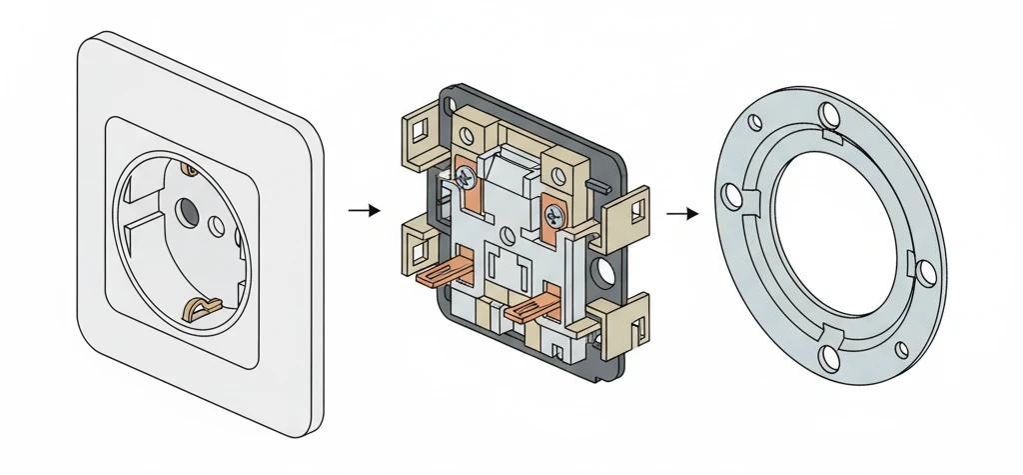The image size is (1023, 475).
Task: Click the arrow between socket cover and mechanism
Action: tap(366, 211)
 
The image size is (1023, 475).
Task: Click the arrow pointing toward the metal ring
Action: tap(683, 213)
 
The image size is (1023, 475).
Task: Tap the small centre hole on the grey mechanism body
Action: tap(510, 238)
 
